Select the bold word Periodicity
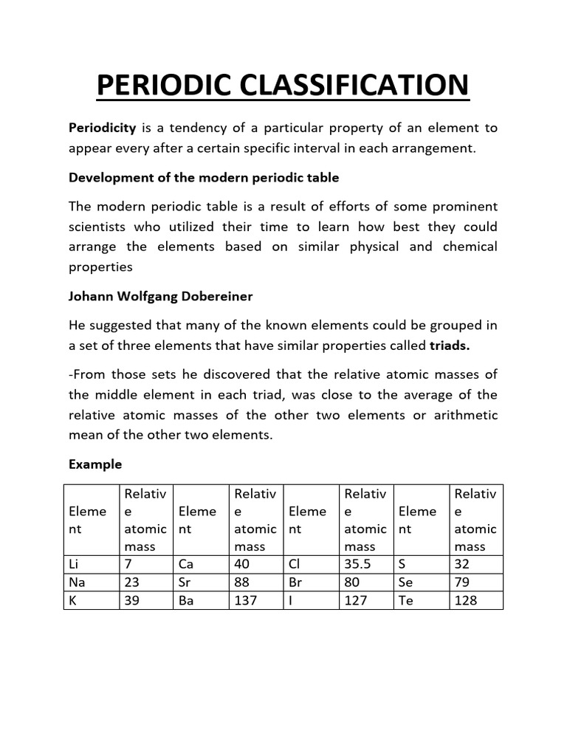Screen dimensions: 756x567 103,128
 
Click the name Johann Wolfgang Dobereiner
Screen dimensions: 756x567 160,296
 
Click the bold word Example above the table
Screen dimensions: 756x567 95,464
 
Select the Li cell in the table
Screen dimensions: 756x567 92,565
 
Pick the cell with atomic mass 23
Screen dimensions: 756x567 147,583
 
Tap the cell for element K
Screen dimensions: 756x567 92,600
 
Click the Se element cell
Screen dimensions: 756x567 422,583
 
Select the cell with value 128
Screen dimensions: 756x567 476,600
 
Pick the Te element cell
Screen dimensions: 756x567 422,600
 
